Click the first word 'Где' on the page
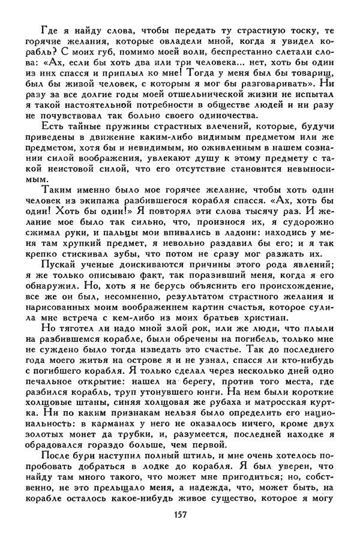tap(50, 31)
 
